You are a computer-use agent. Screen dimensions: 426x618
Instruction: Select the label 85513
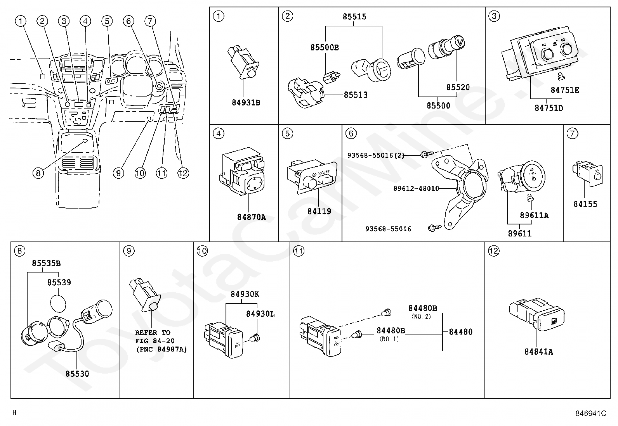tap(355, 95)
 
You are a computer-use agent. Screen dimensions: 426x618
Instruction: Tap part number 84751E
tap(565, 90)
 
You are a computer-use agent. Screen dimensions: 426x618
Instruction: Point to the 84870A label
tap(252, 217)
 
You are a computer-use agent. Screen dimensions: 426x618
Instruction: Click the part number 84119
tap(319, 211)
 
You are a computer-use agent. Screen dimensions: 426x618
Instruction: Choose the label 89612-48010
tap(416, 188)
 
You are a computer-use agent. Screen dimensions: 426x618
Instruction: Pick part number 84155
tap(585, 204)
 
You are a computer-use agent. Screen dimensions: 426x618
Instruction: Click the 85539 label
tap(59, 283)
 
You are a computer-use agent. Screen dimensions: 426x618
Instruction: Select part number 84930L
tap(260, 314)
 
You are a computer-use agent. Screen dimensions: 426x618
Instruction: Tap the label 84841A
tap(538, 352)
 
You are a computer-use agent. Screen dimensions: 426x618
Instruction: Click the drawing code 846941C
tap(590, 413)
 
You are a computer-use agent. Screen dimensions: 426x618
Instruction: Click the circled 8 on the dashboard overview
tap(38, 173)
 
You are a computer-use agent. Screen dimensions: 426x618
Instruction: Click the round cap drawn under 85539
tap(59, 302)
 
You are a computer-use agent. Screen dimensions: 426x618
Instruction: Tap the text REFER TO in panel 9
tap(153, 333)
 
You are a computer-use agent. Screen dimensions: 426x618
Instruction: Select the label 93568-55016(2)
tap(375, 155)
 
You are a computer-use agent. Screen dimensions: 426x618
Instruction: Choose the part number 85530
tap(77, 374)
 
